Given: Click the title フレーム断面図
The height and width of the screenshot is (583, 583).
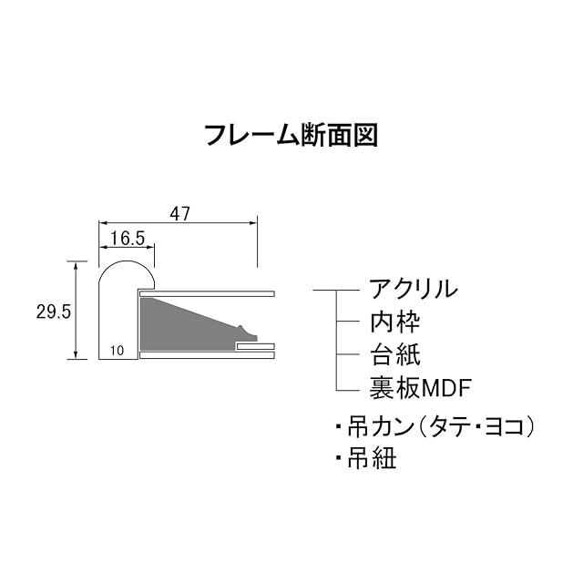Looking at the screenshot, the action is point(291,135).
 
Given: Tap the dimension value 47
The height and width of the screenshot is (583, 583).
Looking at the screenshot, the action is point(179,213).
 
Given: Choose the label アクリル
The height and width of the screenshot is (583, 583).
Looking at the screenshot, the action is point(413,291).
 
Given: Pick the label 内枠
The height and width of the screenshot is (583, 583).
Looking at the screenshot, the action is point(394,322).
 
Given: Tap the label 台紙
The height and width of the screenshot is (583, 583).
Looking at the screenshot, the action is point(394,354).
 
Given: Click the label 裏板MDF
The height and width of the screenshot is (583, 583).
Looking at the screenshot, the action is point(420,387).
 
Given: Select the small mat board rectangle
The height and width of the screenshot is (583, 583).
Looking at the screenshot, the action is point(255,346).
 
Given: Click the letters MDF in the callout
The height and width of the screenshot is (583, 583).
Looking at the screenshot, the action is point(446,388).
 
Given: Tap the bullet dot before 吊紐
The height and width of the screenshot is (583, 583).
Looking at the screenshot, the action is point(338,458).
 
